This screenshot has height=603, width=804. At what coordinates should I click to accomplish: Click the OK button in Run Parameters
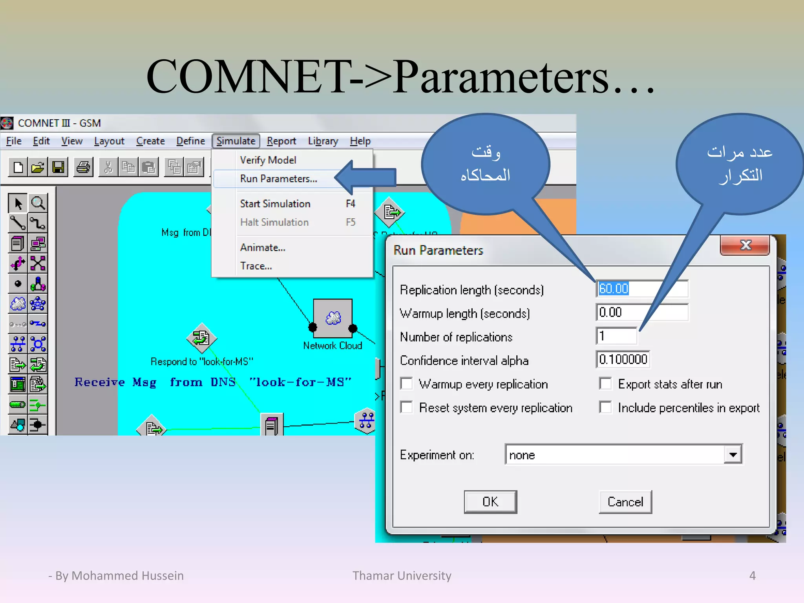point(490,502)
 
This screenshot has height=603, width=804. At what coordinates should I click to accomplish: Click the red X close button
point(745,245)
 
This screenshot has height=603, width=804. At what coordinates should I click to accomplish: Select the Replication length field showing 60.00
point(641,289)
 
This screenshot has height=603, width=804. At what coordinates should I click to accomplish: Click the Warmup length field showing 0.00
point(641,312)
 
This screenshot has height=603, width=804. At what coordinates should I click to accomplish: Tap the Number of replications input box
point(616,336)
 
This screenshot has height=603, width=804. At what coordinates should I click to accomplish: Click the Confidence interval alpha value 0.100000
point(623,360)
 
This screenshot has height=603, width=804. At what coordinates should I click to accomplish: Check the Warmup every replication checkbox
point(407,384)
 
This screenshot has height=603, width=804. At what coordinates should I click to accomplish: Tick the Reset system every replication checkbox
point(407,407)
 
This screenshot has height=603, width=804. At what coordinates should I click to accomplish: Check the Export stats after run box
point(605,384)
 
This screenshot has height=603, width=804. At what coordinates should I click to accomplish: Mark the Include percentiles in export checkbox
point(605,407)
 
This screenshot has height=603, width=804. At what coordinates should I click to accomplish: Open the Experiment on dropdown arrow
point(733,455)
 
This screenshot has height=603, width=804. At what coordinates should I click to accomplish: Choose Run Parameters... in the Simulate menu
point(278,179)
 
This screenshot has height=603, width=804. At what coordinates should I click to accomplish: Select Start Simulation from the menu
point(275,204)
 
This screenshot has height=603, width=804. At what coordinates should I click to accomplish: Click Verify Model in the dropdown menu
point(268,160)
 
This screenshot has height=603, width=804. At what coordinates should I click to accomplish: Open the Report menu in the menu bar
point(281,141)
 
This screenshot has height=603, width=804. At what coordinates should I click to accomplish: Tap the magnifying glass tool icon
point(38,203)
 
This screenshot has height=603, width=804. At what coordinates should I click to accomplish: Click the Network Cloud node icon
point(333,318)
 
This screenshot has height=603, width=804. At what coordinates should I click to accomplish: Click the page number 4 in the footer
point(752,576)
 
